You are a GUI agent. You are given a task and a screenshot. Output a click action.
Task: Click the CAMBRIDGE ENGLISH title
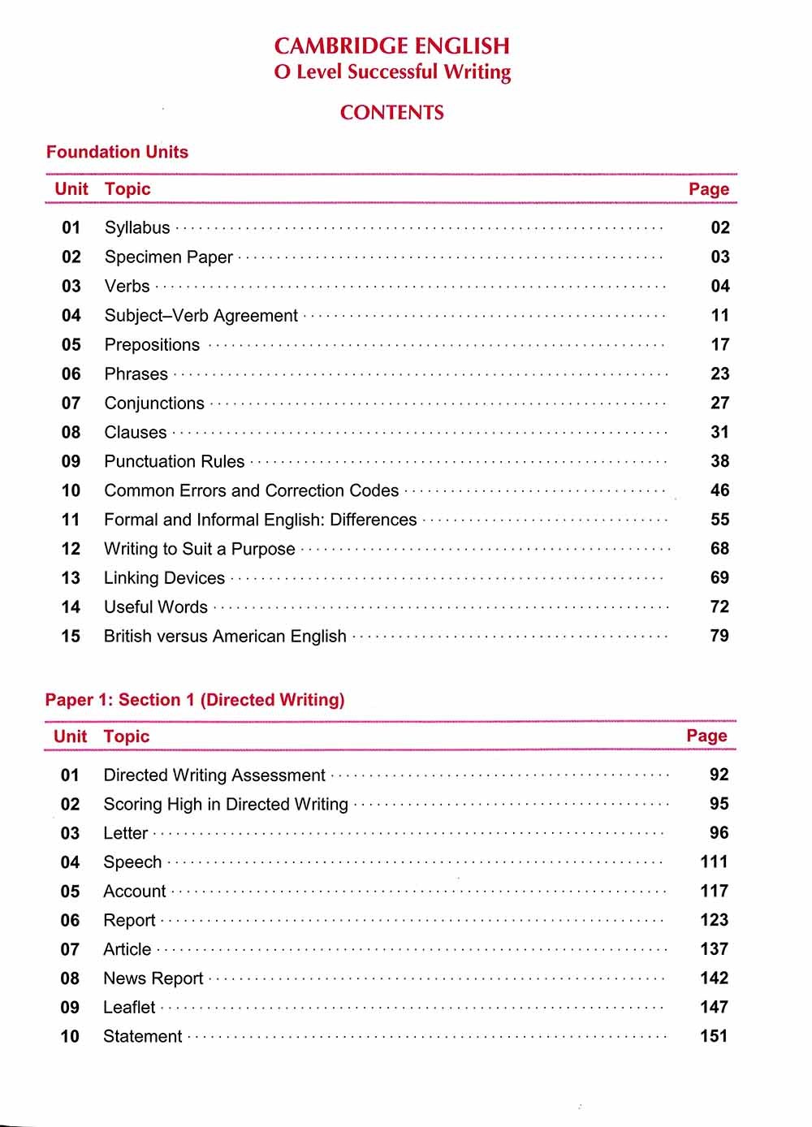(391, 46)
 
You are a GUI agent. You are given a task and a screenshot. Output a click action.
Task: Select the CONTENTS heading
(391, 113)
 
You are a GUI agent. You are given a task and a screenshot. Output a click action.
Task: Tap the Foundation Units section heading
(117, 152)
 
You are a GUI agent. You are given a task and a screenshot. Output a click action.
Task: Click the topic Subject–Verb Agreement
(201, 316)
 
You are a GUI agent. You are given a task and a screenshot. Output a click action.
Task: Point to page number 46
(719, 490)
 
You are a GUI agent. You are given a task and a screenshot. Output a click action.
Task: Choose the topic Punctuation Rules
(174, 462)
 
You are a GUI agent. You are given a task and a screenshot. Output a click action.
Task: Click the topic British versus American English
(225, 637)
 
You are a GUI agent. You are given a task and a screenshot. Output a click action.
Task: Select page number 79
(719, 636)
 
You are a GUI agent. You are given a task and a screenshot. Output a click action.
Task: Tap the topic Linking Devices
(164, 578)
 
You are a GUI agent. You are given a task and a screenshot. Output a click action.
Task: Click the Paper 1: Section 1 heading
(195, 700)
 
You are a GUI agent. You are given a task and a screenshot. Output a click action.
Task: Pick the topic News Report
(153, 978)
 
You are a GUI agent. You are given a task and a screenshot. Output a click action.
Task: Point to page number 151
(714, 1036)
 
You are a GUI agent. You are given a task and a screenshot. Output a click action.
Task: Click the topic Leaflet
(129, 1008)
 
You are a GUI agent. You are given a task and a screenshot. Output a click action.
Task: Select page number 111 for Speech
(714, 861)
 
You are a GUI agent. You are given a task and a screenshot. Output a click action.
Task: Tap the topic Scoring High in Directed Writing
(225, 805)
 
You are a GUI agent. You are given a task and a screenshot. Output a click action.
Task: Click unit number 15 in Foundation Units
(71, 637)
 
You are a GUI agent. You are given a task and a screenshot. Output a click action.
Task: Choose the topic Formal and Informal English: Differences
(260, 520)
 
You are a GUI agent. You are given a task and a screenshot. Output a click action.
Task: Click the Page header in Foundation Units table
(709, 189)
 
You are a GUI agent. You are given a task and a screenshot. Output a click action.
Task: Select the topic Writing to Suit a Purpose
(199, 549)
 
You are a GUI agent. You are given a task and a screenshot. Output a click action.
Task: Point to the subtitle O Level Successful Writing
(392, 72)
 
